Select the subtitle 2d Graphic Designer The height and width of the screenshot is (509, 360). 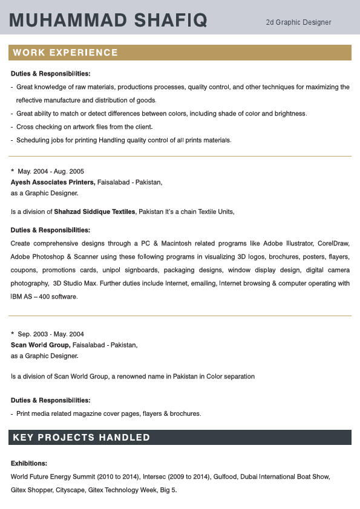[x=298, y=22]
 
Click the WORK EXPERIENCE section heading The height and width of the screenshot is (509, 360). [x=65, y=53]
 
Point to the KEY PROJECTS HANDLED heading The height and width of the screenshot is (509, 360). [x=81, y=437]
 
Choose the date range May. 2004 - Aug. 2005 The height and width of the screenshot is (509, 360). [x=51, y=171]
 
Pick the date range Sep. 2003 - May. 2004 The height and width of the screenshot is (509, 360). [x=51, y=334]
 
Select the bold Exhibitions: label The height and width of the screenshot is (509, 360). [x=29, y=463]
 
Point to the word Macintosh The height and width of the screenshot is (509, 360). [x=174, y=243]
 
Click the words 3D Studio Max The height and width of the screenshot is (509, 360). [x=75, y=283]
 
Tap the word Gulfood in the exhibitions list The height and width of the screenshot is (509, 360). [x=224, y=476]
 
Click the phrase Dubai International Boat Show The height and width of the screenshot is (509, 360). [x=285, y=476]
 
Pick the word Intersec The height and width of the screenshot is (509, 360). [x=158, y=476]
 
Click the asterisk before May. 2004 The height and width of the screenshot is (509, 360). [x=13, y=170]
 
